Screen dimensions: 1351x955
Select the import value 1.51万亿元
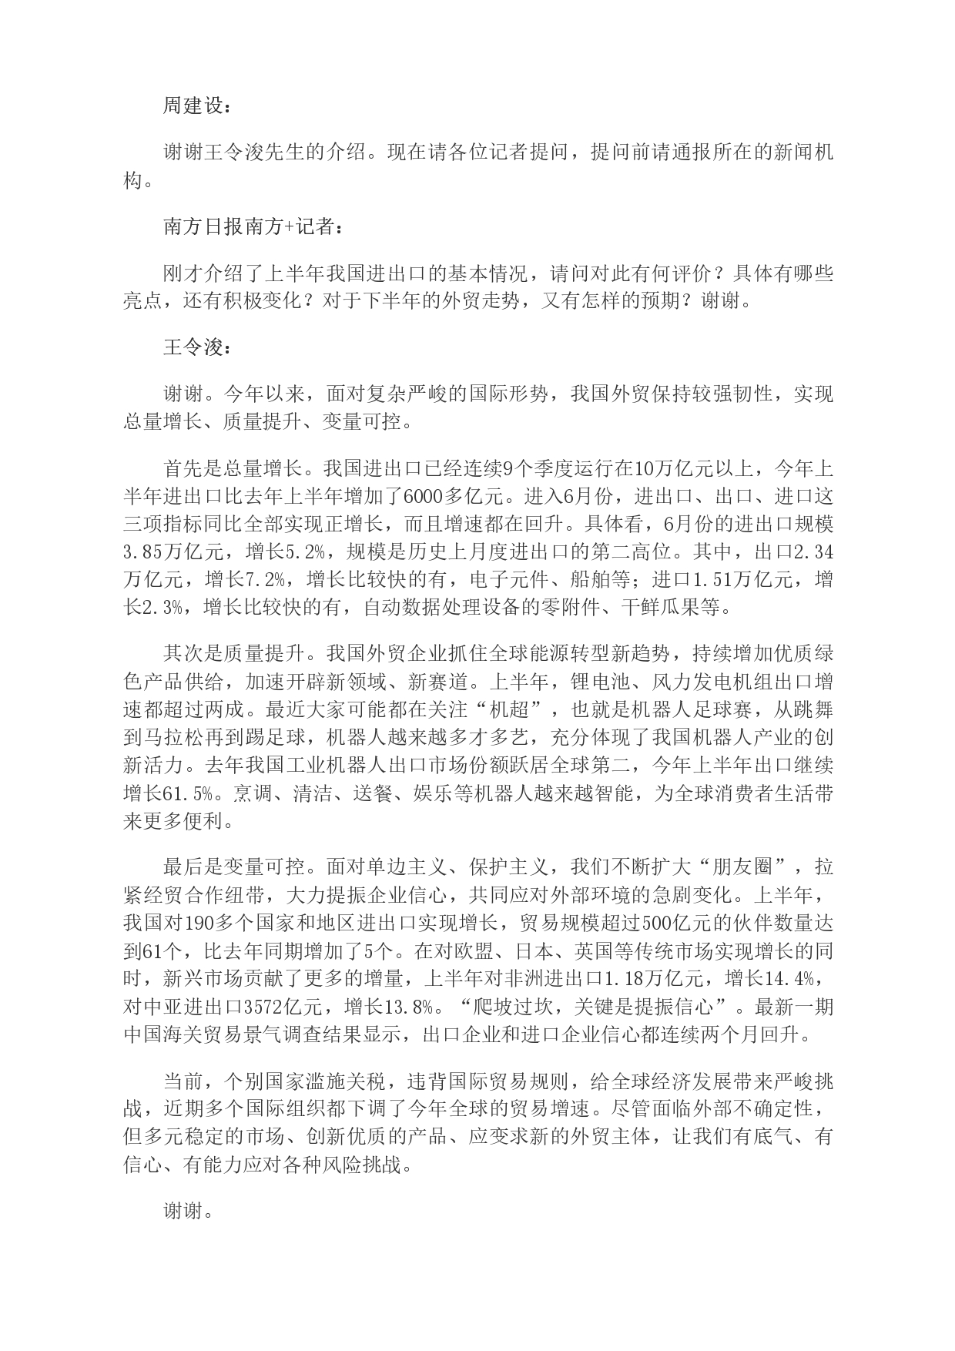pyautogui.click(x=742, y=581)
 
